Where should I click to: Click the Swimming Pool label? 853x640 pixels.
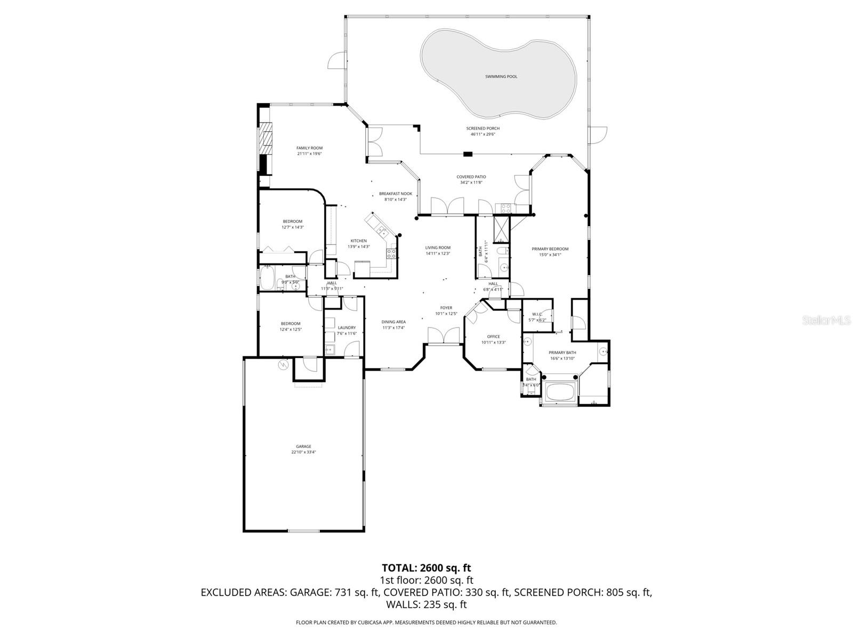[501, 77]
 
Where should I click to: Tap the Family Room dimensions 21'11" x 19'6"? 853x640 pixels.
[309, 154]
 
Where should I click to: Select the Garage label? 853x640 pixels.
[303, 446]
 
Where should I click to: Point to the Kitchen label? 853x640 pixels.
[358, 241]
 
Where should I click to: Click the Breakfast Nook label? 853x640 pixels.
[395, 194]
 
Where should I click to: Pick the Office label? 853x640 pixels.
[493, 337]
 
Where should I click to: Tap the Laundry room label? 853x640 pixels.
[347, 327]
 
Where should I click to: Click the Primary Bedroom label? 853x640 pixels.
[550, 249]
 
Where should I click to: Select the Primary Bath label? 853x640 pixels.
[562, 353]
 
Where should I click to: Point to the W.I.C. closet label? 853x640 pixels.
[536, 314]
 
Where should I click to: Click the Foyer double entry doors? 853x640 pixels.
[444, 336]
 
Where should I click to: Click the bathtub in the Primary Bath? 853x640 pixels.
[560, 394]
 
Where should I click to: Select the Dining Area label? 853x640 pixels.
[393, 322]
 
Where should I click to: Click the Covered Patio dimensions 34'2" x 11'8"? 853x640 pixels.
[471, 182]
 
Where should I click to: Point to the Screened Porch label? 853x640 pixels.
[482, 129]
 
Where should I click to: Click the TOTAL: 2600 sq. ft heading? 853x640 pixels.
[426, 568]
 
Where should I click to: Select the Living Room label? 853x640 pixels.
[438, 247]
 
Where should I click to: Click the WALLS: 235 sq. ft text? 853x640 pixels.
[426, 604]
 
